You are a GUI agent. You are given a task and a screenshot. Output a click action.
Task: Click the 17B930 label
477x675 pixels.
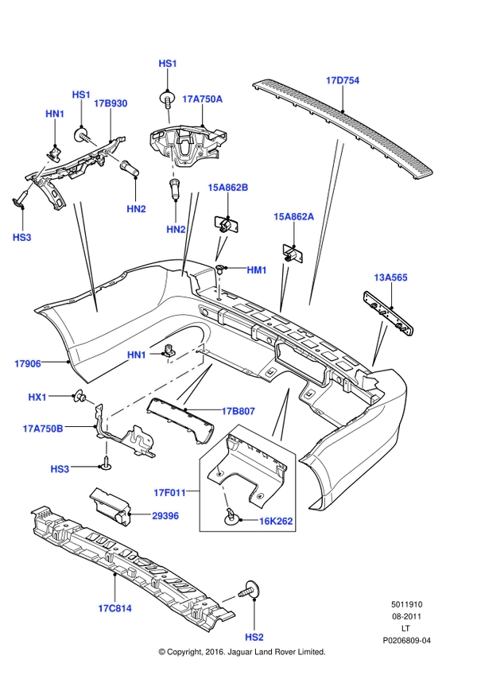tap(111, 103)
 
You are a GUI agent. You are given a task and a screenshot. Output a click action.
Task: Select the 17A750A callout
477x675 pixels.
tap(202, 99)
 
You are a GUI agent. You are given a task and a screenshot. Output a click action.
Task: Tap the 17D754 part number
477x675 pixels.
tap(343, 80)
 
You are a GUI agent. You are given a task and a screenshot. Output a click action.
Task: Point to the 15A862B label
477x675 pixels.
tap(227, 188)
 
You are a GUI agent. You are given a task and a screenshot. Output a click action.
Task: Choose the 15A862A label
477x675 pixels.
tap(293, 216)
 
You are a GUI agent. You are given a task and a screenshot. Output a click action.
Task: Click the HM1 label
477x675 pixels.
tap(256, 270)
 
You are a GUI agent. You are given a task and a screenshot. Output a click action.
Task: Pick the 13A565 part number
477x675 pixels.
tap(390, 277)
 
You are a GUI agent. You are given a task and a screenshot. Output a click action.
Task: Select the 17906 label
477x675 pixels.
tap(28, 363)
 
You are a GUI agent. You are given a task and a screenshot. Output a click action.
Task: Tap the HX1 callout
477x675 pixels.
tap(37, 397)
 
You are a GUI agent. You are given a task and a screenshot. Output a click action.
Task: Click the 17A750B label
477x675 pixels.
tap(43, 429)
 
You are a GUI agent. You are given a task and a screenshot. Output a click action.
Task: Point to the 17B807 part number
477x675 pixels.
tap(238, 411)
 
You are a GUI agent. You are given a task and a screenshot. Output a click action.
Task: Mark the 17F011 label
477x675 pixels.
tap(170, 493)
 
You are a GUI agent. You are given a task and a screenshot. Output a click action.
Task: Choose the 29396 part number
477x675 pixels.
tap(165, 516)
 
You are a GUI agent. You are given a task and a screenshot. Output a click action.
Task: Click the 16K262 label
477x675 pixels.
tap(276, 522)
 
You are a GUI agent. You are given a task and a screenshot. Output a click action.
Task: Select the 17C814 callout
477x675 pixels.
tap(115, 608)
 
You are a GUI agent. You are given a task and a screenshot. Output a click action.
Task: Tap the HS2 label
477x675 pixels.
tap(254, 637)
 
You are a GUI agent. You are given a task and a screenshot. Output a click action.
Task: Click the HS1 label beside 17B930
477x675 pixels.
tap(81, 95)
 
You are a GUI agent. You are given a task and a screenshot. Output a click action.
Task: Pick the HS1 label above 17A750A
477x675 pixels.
tap(168, 64)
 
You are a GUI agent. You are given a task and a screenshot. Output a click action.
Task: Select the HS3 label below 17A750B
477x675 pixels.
tap(60, 469)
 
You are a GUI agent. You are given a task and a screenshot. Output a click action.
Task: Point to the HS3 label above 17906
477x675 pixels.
tap(22, 237)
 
